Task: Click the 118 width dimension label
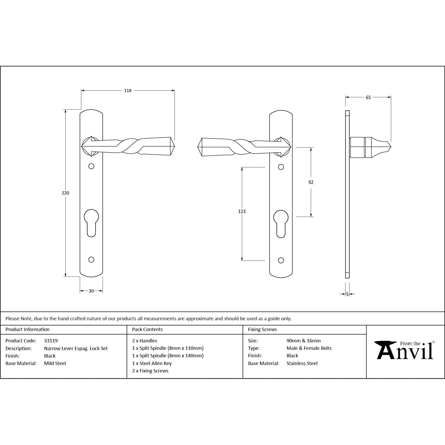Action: [128, 91]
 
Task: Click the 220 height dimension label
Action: [65, 193]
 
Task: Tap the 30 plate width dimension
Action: [91, 291]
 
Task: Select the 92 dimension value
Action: [311, 182]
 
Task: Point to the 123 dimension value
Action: [242, 211]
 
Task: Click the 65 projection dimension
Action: [368, 97]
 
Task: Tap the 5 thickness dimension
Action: [347, 294]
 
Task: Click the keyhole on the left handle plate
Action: [91, 222]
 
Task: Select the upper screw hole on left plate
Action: [91, 166]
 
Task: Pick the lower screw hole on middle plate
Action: [281, 261]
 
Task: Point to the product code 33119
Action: [51, 341]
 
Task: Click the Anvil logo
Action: [405, 350]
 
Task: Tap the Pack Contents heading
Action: [147, 330]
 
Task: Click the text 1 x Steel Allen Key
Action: [152, 363]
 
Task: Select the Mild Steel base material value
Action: [55, 363]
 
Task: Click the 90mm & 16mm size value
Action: [304, 341]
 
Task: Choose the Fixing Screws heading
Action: [262, 330]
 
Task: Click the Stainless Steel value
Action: [302, 363]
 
